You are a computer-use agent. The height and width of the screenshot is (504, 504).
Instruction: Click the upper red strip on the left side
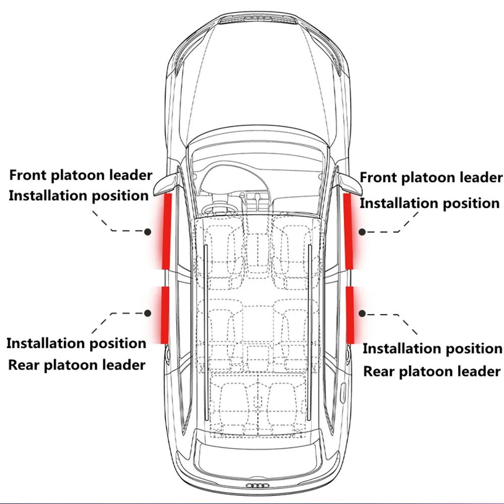166,231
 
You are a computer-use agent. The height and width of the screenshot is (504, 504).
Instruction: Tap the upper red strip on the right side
348,231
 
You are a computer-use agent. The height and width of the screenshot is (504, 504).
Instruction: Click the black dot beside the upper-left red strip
148,231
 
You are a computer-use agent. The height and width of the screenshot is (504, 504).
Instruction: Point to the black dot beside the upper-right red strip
362,231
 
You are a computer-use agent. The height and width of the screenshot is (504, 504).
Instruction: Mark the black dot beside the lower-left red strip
148,313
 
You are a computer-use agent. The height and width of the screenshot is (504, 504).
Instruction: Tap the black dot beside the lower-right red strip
362,313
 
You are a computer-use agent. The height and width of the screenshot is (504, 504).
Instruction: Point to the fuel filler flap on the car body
343,391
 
